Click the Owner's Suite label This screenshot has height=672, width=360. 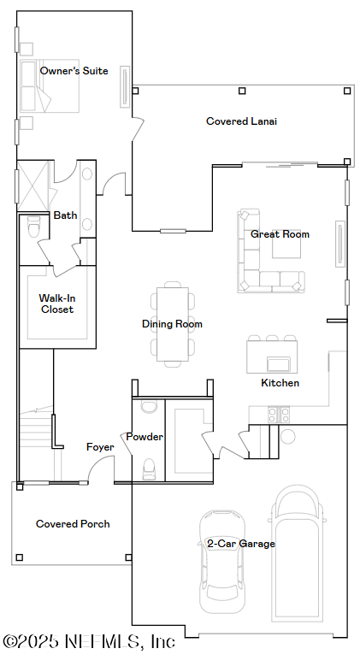click(74, 71)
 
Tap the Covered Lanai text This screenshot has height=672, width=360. click(241, 121)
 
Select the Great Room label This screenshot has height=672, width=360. click(280, 234)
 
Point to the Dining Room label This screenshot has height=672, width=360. click(172, 324)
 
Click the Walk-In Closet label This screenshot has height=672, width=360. click(57, 304)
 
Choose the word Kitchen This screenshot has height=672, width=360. click(280, 383)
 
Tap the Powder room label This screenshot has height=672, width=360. click(145, 437)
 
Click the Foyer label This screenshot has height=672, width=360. click(100, 447)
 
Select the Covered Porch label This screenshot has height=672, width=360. click(73, 524)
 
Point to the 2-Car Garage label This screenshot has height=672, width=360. click(241, 544)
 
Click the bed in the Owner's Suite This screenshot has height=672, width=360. click(50, 85)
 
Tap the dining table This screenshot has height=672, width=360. click(172, 324)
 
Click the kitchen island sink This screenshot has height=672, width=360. click(279, 364)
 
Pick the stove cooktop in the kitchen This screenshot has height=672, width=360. click(279, 414)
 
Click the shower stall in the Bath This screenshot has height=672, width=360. click(33, 186)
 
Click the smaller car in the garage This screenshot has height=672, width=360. click(222, 562)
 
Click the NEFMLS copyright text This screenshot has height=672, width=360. click(89, 641)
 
